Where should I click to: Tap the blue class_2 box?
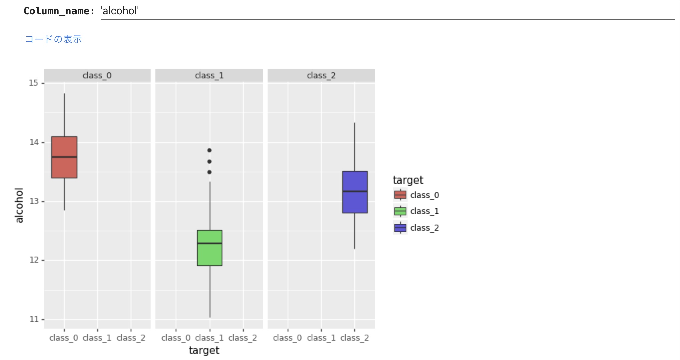[x=355, y=204]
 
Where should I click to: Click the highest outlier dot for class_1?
[x=209, y=150]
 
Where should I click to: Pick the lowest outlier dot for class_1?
[x=209, y=172]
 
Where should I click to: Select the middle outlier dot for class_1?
[x=209, y=162]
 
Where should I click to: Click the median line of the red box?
[x=64, y=157]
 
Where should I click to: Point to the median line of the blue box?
[x=355, y=191]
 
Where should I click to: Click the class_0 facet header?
[x=97, y=76]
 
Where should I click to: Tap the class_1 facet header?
[x=209, y=76]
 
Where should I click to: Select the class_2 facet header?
[x=321, y=76]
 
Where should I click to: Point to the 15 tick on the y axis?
[x=34, y=83]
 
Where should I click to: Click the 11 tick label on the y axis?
[x=34, y=319]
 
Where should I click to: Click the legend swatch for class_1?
[x=400, y=211]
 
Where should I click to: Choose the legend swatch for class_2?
[x=400, y=228]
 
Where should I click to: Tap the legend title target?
[x=408, y=180]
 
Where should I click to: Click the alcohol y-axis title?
[x=19, y=205]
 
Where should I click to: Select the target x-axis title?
[x=204, y=350]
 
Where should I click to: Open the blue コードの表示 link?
[x=54, y=39]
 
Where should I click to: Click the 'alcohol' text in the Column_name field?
[x=120, y=11]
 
